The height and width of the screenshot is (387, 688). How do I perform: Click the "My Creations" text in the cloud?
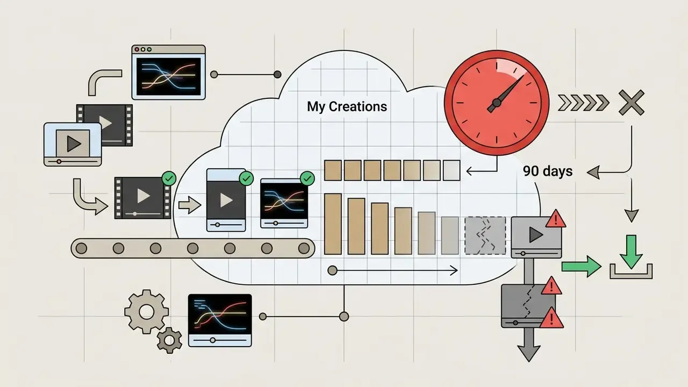347,107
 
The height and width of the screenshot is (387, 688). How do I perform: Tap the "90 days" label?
548,171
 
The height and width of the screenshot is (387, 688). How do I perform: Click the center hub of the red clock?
497,103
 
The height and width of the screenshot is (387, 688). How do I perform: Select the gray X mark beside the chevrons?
631,103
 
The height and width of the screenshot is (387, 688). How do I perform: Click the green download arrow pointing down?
631,252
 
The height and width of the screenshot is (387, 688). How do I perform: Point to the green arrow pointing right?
582,266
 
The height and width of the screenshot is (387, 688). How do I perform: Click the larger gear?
147,311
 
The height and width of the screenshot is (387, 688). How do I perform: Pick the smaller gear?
169,340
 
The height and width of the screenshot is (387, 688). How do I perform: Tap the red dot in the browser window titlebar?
137,49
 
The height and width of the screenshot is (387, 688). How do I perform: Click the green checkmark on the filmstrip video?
169,178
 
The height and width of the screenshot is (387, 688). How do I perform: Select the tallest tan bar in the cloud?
333,224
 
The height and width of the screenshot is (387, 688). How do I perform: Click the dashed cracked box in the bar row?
485,235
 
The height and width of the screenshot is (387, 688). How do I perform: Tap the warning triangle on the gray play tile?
556,219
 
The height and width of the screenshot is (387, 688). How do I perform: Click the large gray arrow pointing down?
529,345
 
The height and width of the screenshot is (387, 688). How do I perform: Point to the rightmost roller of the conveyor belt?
304,248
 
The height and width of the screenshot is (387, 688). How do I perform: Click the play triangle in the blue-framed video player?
74,144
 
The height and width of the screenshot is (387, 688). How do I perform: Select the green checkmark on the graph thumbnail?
307,178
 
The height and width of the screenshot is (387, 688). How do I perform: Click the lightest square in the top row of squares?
451,170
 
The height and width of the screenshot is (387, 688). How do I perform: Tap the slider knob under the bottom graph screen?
212,340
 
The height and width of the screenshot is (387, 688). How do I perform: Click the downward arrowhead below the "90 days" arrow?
632,216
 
